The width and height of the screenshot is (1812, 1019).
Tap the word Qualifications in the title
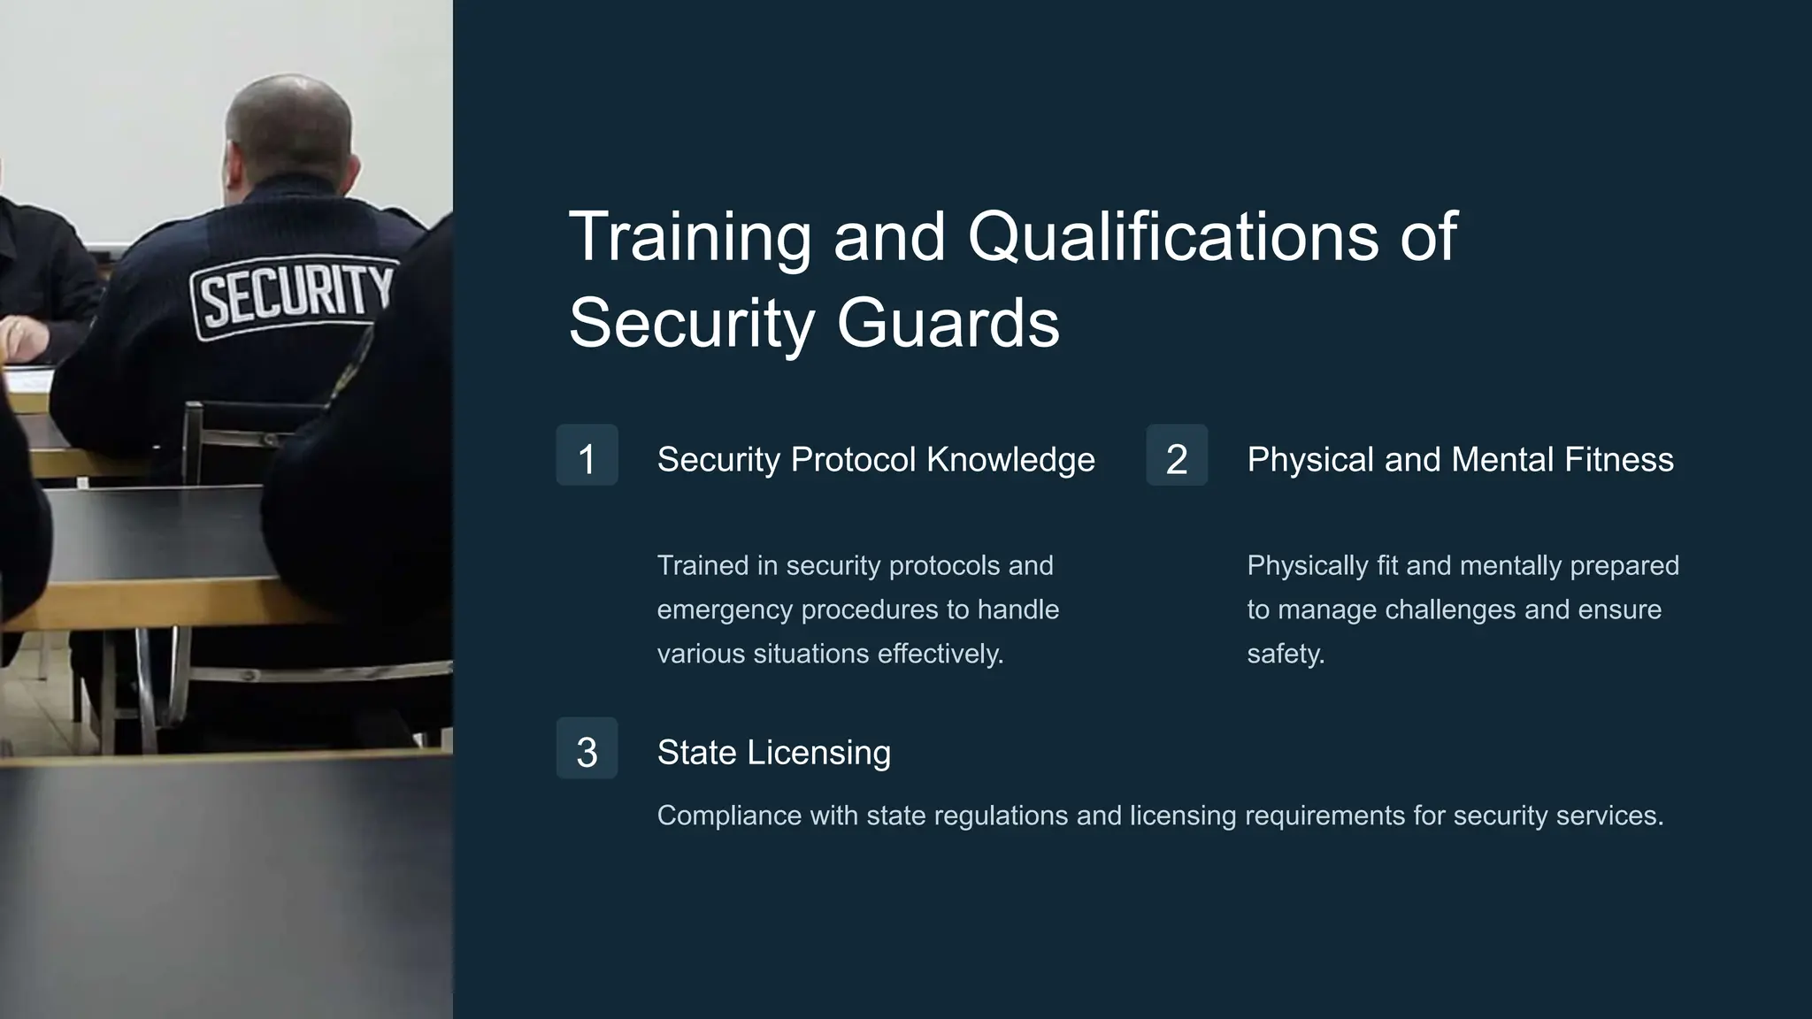pos(1172,237)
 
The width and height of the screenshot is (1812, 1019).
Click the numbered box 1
pos(587,456)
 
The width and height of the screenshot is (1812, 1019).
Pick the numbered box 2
pos(1177,456)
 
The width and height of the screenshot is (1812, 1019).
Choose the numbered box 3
pos(587,748)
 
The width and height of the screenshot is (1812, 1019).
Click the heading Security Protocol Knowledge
pos(876,460)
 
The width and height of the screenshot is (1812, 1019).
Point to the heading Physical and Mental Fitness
pos(1460,460)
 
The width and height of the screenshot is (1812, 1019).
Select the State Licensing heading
pos(774,753)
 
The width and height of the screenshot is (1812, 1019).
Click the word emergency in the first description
pos(724,610)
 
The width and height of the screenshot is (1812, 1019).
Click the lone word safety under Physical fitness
pos(1286,655)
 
